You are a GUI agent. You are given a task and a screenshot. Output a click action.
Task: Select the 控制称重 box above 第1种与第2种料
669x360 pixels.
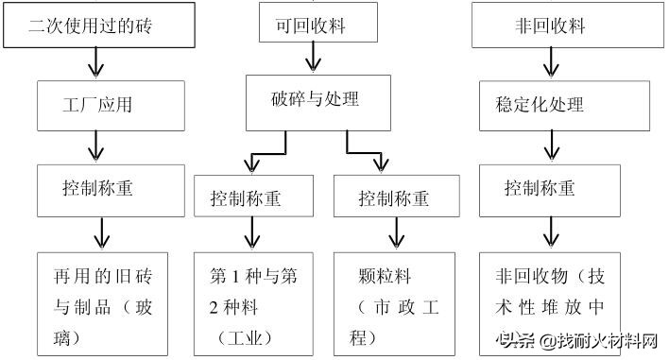click(249, 199)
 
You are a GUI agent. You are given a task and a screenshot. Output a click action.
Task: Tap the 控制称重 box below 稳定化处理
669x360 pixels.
click(549, 187)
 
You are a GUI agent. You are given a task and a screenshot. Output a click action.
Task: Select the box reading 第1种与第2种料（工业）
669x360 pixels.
click(249, 303)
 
